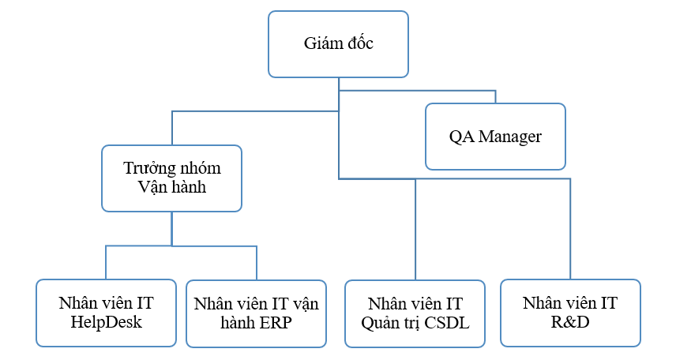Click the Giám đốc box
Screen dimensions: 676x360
point(339,44)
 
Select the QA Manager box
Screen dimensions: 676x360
point(495,137)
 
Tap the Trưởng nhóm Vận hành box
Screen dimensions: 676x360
point(171,178)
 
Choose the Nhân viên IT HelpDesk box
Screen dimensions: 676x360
point(106,313)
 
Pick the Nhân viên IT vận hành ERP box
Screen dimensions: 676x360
point(256,313)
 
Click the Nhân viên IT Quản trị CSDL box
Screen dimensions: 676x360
point(415,313)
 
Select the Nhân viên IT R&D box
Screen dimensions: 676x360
point(570,313)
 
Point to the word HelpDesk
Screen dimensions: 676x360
point(106,322)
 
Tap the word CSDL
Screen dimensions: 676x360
point(447,323)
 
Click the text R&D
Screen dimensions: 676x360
point(570,322)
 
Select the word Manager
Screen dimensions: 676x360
point(510,137)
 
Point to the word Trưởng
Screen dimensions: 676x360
point(148,168)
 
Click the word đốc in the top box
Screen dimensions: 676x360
point(359,43)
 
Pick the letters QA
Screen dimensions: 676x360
point(462,137)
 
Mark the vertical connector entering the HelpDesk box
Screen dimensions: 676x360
point(106,263)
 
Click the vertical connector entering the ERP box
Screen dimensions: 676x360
point(257,263)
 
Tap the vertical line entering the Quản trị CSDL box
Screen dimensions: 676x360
point(415,230)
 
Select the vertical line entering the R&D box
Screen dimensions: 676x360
point(570,229)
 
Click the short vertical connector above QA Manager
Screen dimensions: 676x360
point(496,97)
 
